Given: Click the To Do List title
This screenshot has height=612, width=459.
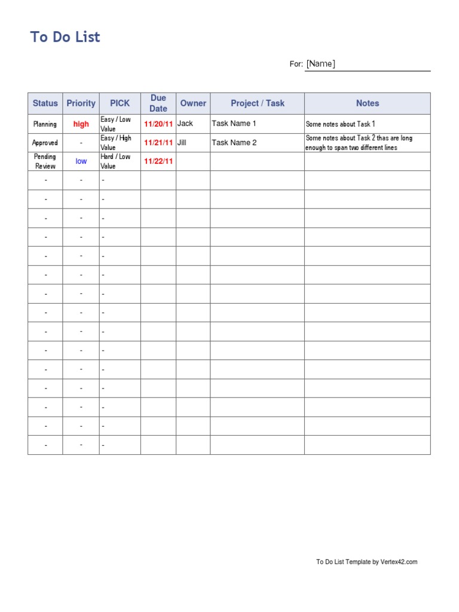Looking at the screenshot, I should pyautogui.click(x=65, y=37).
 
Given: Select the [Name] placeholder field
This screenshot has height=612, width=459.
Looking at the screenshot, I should pyautogui.click(x=321, y=64).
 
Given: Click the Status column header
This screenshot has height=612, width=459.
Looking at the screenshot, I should pyautogui.click(x=45, y=103).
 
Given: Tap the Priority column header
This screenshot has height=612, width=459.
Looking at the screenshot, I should pyautogui.click(x=81, y=103).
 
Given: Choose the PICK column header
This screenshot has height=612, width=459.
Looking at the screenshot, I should pyautogui.click(x=120, y=103).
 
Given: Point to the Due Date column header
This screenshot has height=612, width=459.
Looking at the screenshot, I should pyautogui.click(x=158, y=103).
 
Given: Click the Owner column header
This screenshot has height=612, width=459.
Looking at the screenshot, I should pyautogui.click(x=193, y=103).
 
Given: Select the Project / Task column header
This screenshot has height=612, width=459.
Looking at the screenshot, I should pyautogui.click(x=258, y=103).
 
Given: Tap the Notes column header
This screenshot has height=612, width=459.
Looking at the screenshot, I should pyautogui.click(x=368, y=103).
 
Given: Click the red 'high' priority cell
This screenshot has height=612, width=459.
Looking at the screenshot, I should pyautogui.click(x=81, y=124).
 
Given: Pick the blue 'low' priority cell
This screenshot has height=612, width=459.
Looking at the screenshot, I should pyautogui.click(x=81, y=161).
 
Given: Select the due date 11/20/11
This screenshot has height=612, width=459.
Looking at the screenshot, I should pyautogui.click(x=158, y=124).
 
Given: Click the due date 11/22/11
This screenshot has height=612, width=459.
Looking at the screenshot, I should pyautogui.click(x=158, y=161).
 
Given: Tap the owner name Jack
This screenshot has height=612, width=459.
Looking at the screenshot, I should pyautogui.click(x=185, y=124).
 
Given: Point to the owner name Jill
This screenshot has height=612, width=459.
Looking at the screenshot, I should pyautogui.click(x=182, y=143).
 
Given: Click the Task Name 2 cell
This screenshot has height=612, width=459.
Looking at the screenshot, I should pyautogui.click(x=234, y=143).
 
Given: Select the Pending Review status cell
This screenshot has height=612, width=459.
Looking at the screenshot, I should pyautogui.click(x=45, y=161).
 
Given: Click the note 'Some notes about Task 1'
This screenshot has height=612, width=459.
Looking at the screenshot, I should pyautogui.click(x=341, y=124).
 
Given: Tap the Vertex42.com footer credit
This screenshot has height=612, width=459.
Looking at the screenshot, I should pyautogui.click(x=366, y=562).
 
